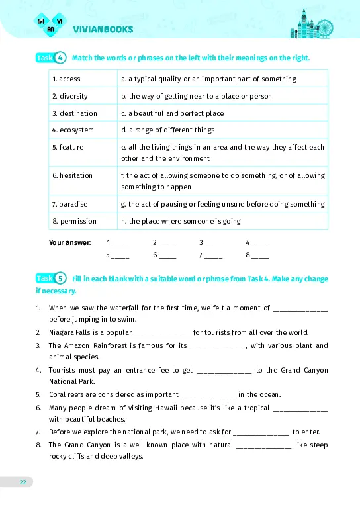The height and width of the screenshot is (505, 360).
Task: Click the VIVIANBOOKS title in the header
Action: click(103, 29)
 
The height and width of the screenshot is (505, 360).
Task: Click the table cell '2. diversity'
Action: click(69, 96)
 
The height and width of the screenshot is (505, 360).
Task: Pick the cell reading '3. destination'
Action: click(74, 113)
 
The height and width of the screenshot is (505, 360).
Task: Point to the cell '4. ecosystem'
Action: click(73, 130)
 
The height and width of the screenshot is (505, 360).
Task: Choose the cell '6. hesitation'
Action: click(72, 175)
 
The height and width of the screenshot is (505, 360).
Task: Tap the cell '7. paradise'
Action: click(69, 204)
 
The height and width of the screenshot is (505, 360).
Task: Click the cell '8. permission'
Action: click(74, 221)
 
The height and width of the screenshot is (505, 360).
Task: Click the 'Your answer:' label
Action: click(69, 242)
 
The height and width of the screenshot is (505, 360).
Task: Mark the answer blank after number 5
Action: click(120, 255)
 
